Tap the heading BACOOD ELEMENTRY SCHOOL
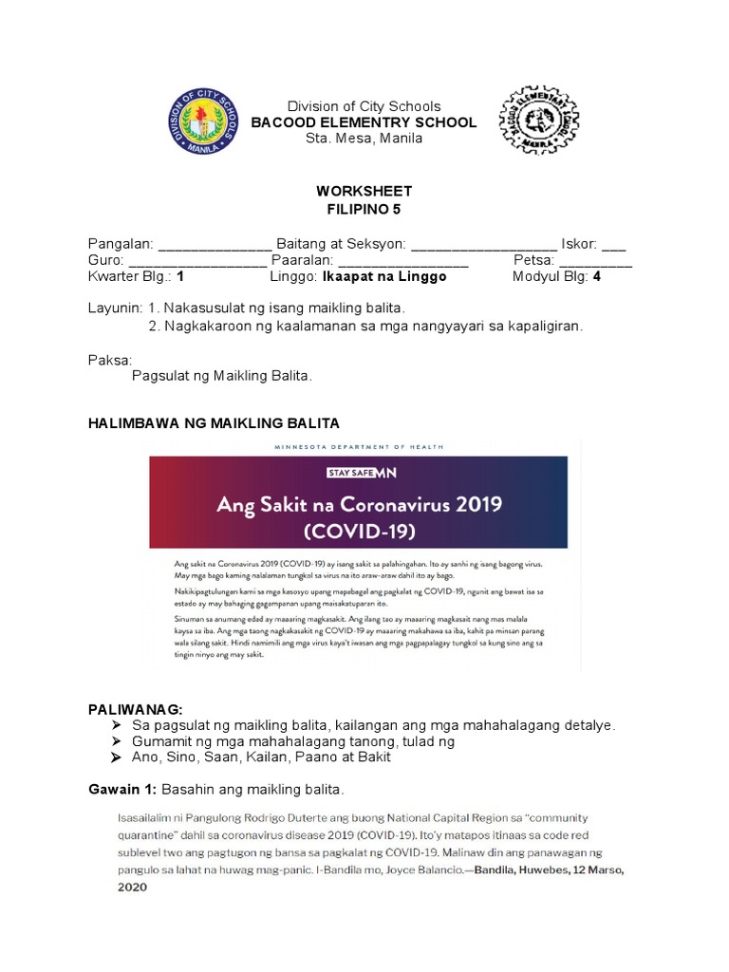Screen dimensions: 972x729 pos(364,122)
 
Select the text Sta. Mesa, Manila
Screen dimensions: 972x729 pos(364,139)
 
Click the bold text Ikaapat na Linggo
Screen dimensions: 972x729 pos(384,277)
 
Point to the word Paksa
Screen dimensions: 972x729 pos(109,360)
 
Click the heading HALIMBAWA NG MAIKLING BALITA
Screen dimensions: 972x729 pos(213,421)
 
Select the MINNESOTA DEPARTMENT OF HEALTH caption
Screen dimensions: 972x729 pos(358,446)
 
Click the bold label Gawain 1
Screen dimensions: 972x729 pos(121,790)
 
